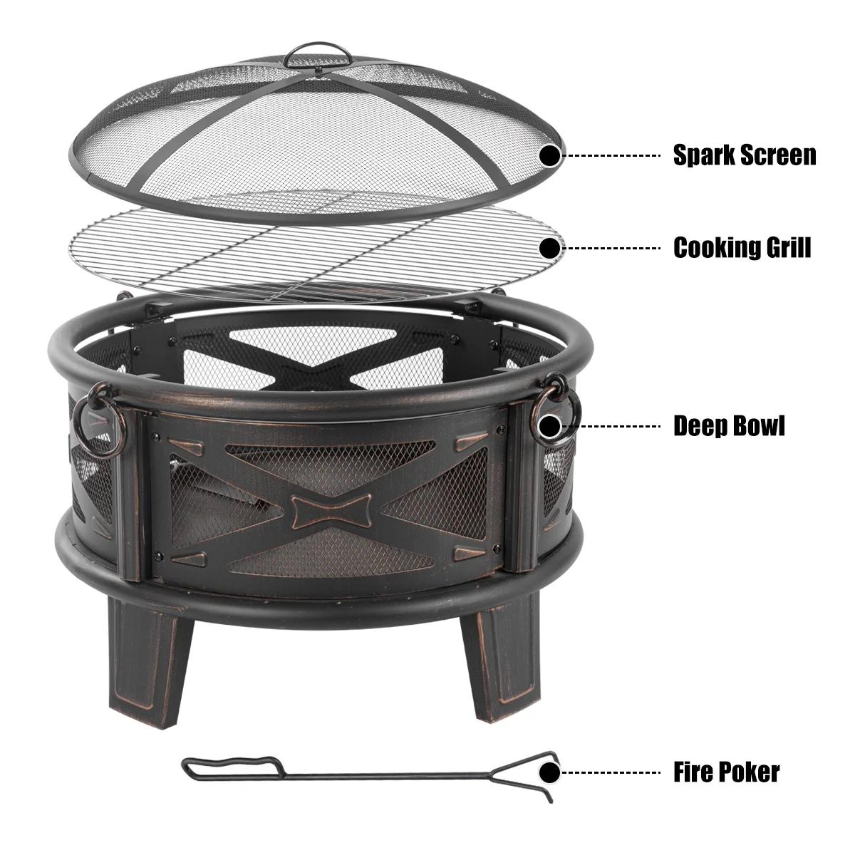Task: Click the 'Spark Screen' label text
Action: tap(745, 155)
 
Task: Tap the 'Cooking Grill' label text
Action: tap(742, 247)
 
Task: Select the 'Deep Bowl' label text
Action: tap(729, 426)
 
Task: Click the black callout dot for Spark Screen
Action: tap(550, 156)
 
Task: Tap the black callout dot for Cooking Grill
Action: tap(550, 248)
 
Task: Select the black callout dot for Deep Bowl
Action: tap(550, 426)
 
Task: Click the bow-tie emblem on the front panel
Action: tap(331, 511)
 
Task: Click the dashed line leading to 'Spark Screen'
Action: tap(611, 156)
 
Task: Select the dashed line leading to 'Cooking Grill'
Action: tap(611, 248)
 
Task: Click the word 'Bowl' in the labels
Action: tap(758, 426)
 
